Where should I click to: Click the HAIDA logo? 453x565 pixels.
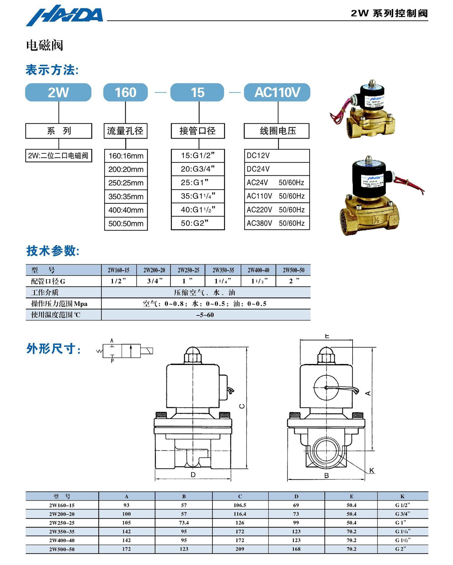click(x=65, y=15)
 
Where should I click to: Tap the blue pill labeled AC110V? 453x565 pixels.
click(x=277, y=92)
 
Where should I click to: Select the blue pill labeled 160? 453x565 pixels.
click(x=125, y=92)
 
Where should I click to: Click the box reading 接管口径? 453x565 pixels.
click(x=198, y=131)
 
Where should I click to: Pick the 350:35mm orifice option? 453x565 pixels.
click(x=126, y=197)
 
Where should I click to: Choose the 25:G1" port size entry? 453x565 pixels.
click(x=198, y=183)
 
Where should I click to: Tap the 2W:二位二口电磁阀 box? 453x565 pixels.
click(x=58, y=156)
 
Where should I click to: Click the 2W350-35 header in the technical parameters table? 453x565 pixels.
click(x=223, y=270)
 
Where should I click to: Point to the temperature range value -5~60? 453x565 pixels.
click(x=205, y=315)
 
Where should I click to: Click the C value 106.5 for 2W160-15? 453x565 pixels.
click(x=240, y=505)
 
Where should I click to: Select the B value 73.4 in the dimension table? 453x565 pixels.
click(x=184, y=523)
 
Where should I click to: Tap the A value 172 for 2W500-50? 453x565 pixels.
click(x=126, y=549)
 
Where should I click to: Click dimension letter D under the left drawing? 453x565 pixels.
click(x=193, y=475)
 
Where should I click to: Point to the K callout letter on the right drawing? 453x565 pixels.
click(x=372, y=471)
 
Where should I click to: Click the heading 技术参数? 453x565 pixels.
click(x=52, y=251)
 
